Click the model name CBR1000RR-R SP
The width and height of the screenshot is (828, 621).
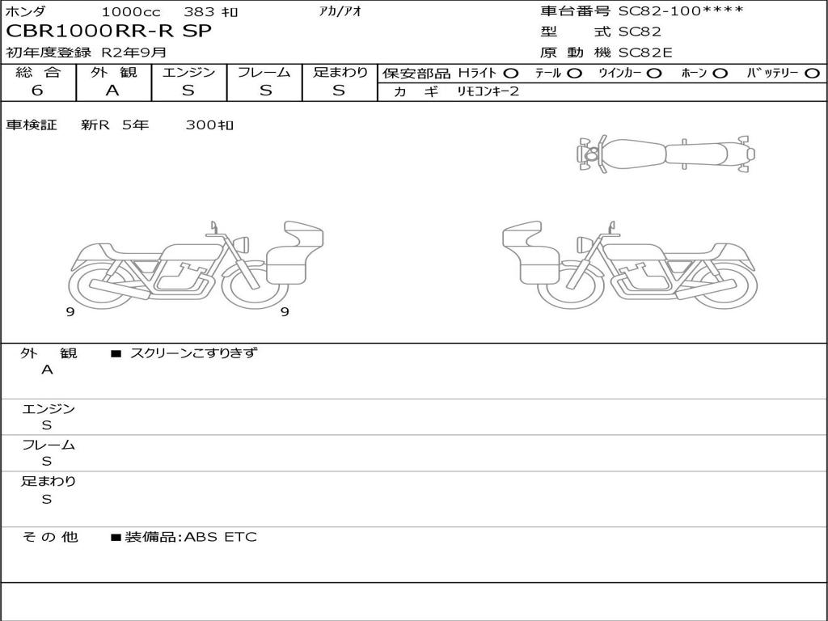click(108, 32)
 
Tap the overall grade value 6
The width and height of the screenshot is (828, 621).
click(37, 91)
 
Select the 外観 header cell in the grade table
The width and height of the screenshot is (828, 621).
click(113, 72)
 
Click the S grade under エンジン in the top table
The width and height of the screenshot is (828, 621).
click(188, 91)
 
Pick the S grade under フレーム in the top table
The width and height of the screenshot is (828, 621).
click(265, 91)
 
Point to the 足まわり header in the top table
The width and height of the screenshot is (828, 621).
click(340, 72)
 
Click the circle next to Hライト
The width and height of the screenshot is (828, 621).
click(511, 74)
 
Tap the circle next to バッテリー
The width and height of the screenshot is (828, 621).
click(812, 74)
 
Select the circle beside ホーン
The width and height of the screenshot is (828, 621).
click(720, 74)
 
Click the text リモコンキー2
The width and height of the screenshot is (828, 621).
click(488, 91)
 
